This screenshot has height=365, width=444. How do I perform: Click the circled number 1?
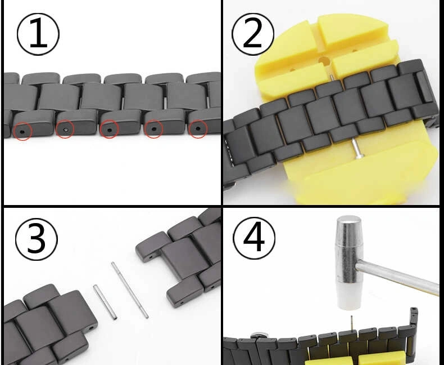[x=38, y=34]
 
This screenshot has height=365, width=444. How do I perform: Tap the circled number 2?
[x=253, y=34]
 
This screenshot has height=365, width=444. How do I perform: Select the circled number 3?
[x=36, y=239]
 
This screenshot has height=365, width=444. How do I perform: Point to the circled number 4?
[x=254, y=238]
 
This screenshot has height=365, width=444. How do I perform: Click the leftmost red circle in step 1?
[x=22, y=131]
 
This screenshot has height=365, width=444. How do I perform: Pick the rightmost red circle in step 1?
[x=198, y=129]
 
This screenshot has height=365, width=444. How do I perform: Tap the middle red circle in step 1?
[x=109, y=129]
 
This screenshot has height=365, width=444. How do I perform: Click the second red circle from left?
[x=65, y=129]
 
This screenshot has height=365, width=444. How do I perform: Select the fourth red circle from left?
[x=153, y=129]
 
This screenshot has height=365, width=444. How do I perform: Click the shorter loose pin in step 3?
[x=105, y=302]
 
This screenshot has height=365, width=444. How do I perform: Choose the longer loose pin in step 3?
[x=130, y=290]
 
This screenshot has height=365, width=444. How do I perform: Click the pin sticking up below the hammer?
[x=352, y=323]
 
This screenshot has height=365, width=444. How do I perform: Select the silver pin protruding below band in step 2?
[x=356, y=148]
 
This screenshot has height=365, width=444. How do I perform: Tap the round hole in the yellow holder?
[x=324, y=61]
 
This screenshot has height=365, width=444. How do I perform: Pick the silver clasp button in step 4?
[x=257, y=335]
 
